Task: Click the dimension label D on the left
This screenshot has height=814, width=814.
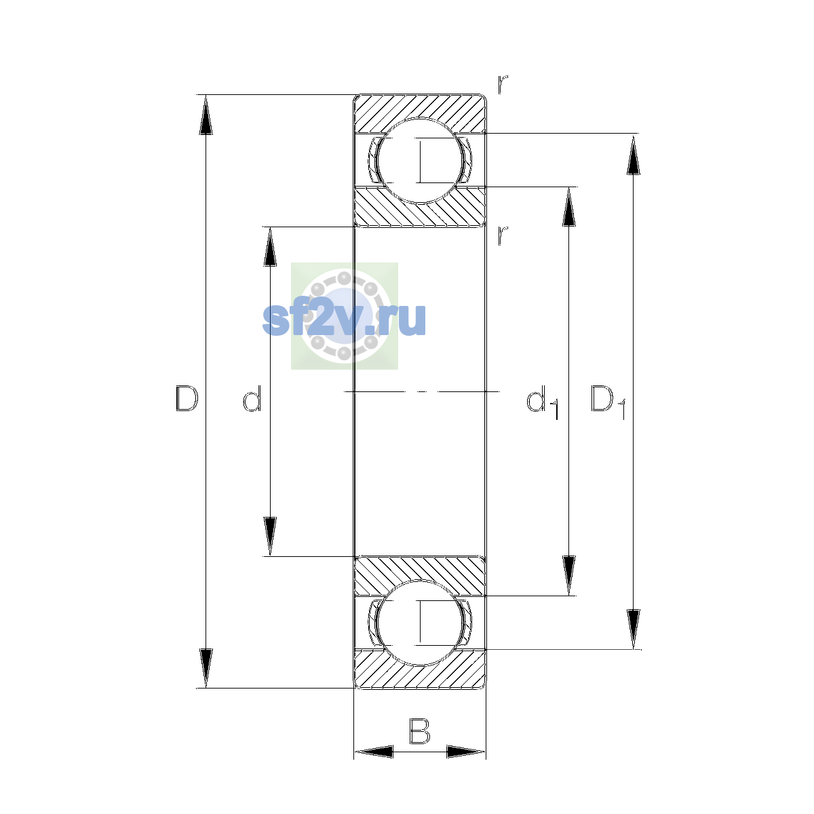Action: point(187,398)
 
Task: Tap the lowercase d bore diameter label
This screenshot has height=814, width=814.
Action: point(252,398)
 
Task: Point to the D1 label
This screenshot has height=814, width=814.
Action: point(608,402)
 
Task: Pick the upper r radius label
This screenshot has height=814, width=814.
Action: point(502,84)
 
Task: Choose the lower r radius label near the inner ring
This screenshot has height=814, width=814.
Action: point(502,235)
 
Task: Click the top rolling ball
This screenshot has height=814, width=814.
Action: point(419,161)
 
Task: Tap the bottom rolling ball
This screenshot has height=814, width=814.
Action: point(419,623)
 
